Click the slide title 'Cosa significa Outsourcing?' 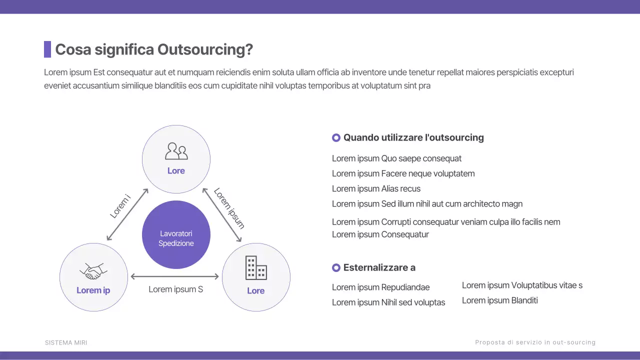154,49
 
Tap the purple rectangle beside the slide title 47,49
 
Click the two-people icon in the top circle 176,151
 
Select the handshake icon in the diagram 93,271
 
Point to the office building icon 256,267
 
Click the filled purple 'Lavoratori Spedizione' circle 176,235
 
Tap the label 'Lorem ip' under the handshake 93,290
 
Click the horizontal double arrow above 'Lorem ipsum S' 174,276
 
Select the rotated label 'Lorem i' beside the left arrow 120,206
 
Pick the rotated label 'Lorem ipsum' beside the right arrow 229,208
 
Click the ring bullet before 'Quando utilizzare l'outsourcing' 336,137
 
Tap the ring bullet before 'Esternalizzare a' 336,268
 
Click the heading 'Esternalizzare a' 379,268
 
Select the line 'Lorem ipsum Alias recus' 376,189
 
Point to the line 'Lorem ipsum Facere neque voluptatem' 403,174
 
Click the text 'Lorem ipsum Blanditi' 499,300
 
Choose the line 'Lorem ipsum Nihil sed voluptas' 388,302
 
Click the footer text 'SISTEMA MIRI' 66,342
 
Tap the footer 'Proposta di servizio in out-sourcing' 535,342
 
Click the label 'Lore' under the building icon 255,291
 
